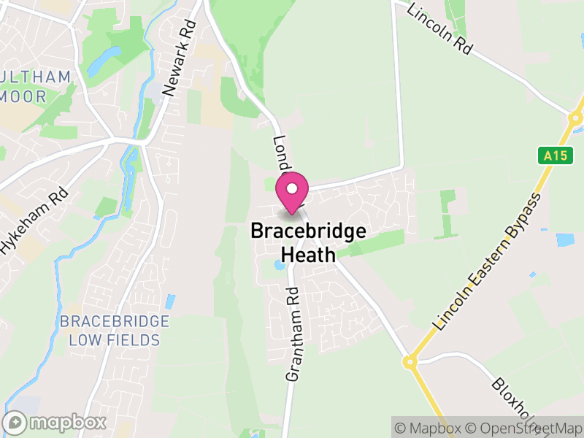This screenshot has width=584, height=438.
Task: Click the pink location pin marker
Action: [x=292, y=192]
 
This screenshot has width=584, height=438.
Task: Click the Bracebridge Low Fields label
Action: [x=115, y=330]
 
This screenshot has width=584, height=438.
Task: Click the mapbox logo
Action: [x=55, y=422]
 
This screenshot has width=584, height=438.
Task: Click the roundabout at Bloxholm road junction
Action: [x=410, y=361]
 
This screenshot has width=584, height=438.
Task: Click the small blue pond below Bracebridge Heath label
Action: [x=280, y=266]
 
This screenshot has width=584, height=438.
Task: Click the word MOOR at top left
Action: [x=24, y=96]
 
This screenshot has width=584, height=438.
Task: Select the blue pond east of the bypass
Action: [x=564, y=239]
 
